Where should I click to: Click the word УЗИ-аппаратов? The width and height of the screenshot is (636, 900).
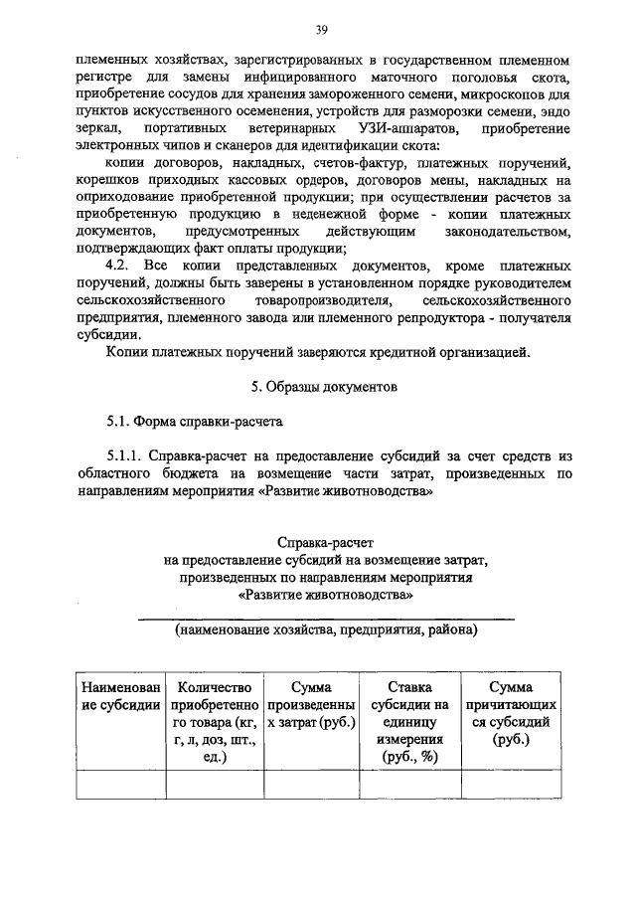coord(401,130)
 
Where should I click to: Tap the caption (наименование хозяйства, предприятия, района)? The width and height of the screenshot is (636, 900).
coord(325,630)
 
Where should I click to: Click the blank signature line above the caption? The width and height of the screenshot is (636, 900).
coord(325,617)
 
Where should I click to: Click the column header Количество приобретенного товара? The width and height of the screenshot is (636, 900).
coord(215,721)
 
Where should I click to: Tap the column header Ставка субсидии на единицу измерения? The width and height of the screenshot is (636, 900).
coord(409,721)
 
